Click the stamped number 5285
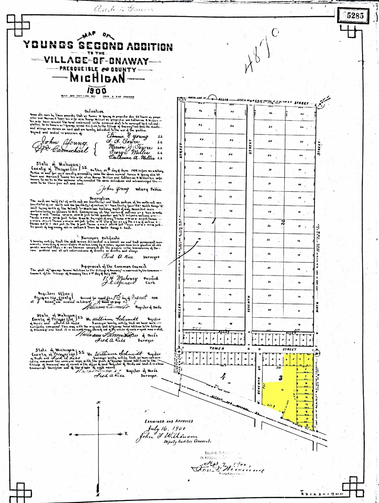(x=355, y=16)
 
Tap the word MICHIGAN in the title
(x=98, y=78)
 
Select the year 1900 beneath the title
(x=97, y=91)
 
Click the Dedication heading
(x=94, y=111)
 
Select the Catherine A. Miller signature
(x=131, y=158)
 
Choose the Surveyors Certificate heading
(x=100, y=238)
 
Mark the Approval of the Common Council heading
(x=113, y=266)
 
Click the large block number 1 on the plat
(x=214, y=221)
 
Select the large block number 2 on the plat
(x=283, y=222)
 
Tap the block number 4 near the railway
(x=223, y=377)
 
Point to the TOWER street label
(x=217, y=349)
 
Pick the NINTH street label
(x=317, y=307)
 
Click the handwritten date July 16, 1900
(x=166, y=428)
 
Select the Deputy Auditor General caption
(x=187, y=441)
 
